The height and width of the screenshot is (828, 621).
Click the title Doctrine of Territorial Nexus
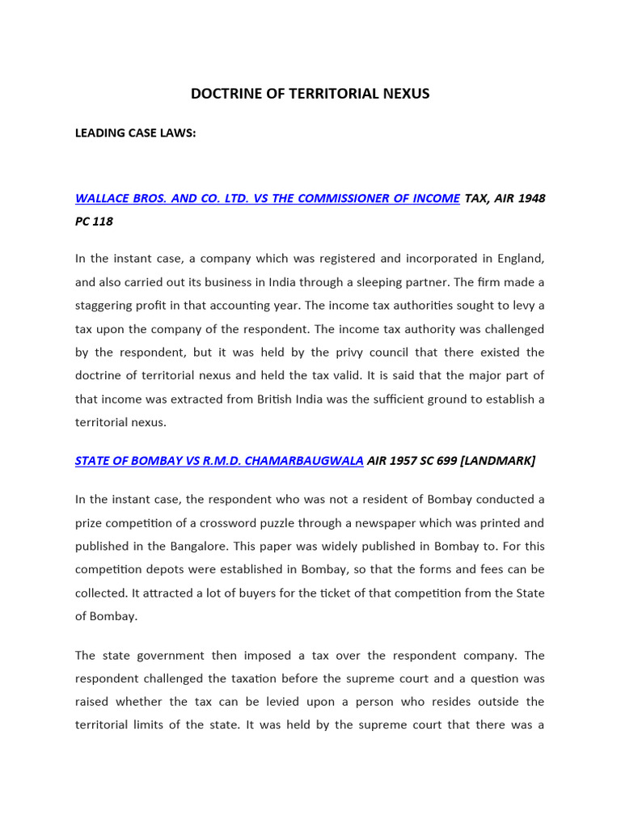click(310, 94)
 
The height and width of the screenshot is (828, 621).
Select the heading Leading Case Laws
click(135, 133)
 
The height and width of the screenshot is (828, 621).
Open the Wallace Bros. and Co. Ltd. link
click(267, 198)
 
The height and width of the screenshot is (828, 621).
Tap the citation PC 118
click(94, 222)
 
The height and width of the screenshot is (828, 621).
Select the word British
click(313, 399)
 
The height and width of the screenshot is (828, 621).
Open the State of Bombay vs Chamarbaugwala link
click(219, 461)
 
